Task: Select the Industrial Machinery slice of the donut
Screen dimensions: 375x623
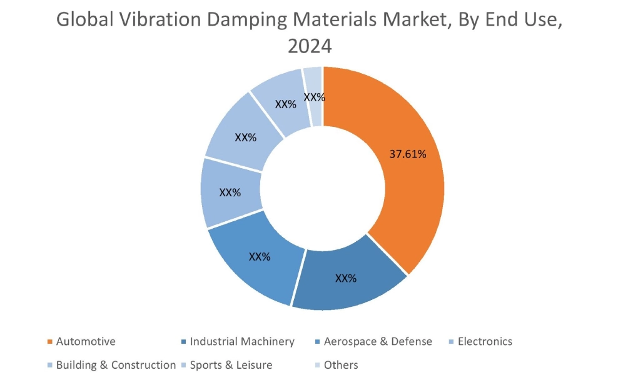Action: pyautogui.click(x=346, y=278)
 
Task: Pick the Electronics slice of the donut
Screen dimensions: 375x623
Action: pyautogui.click(x=230, y=192)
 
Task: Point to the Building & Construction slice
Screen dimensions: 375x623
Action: pyautogui.click(x=245, y=137)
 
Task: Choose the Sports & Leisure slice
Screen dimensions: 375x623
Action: pyautogui.click(x=285, y=104)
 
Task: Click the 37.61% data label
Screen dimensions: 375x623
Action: pyautogui.click(x=408, y=154)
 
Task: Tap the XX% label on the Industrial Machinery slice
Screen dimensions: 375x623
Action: pyautogui.click(x=346, y=278)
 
